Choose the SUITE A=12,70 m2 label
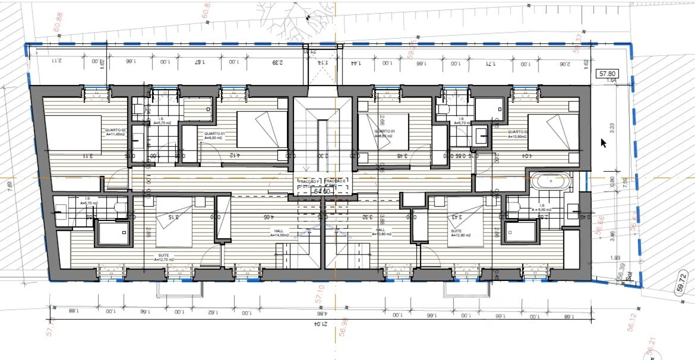point(164,257)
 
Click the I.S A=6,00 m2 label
point(541,207)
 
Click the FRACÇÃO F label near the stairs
point(308,181)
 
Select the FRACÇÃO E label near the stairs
point(335,181)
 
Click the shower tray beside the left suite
point(113,233)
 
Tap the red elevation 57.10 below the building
point(319,294)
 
